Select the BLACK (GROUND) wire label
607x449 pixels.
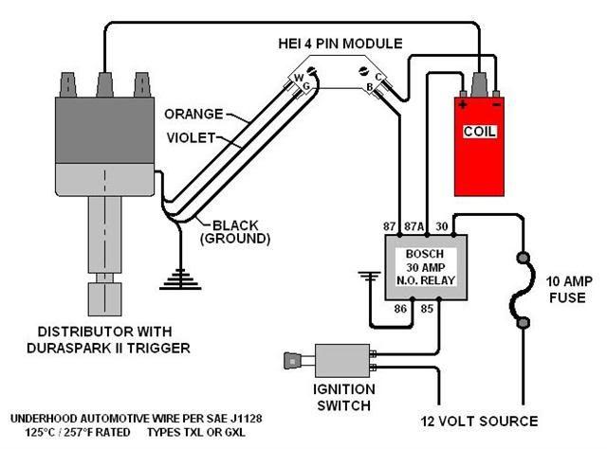(236, 232)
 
